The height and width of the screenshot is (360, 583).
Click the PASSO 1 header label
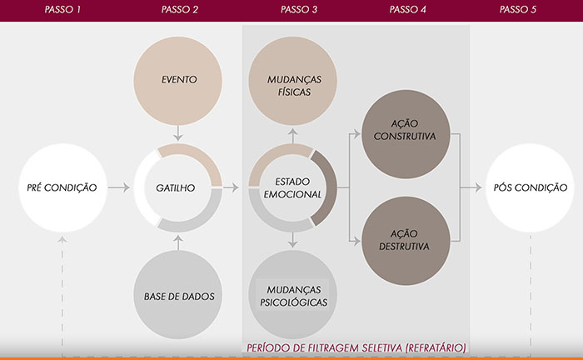[62, 10]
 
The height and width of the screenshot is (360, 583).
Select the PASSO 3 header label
[299, 10]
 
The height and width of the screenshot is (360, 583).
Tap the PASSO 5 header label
[517, 10]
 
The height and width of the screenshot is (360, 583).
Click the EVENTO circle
[177, 81]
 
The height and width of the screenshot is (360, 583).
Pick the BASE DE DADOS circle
[177, 294]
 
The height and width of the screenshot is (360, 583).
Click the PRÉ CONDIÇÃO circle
[62, 187]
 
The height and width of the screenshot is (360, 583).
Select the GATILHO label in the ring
[176, 187]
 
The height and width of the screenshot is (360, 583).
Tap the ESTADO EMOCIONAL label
[292, 187]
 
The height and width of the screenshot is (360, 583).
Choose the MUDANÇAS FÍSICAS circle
[292, 81]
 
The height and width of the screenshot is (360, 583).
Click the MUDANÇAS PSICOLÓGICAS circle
[292, 294]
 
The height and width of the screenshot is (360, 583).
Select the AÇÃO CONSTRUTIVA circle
[406, 134]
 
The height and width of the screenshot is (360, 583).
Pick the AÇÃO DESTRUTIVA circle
[406, 241]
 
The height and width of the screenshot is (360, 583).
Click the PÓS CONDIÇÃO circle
[530, 187]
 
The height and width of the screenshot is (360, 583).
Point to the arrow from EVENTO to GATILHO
[178, 133]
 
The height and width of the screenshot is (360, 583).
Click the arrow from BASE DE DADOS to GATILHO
[178, 242]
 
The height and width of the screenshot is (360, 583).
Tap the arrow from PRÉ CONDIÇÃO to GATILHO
[119, 187]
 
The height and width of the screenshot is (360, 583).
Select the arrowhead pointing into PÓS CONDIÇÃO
[478, 187]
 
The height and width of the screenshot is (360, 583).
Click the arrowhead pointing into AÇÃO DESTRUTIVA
[356, 241]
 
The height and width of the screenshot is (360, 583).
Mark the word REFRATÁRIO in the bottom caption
[436, 348]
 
